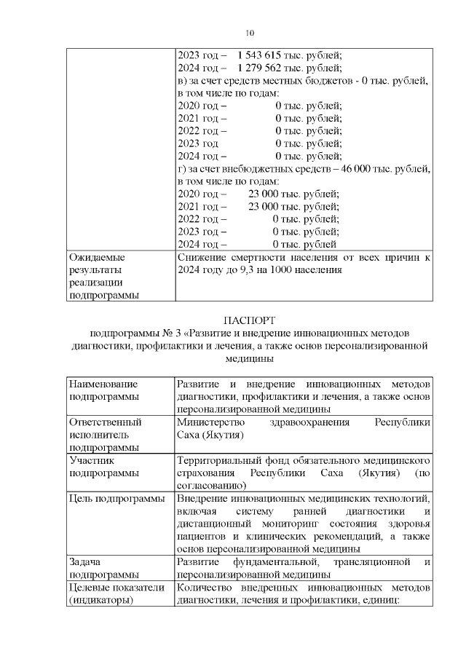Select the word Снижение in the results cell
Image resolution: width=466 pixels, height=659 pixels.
[x=203, y=258]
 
